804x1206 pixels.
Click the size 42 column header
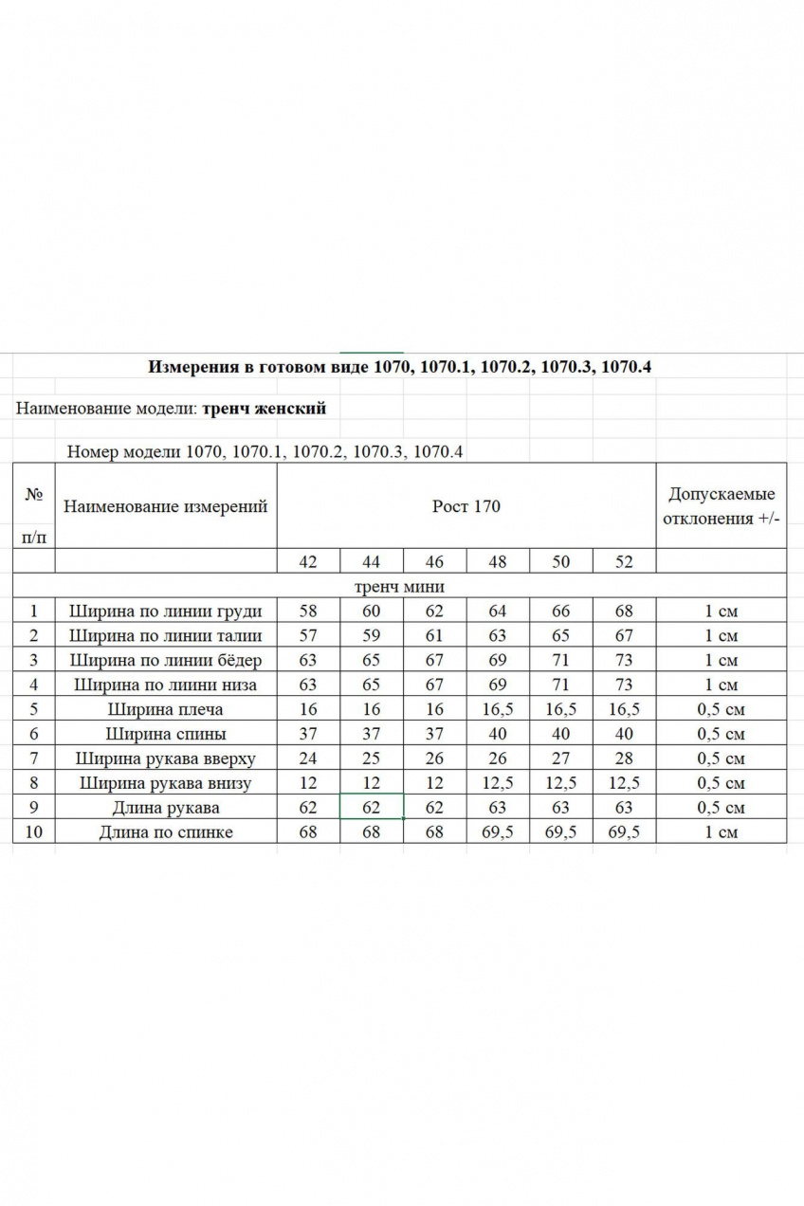tap(308, 561)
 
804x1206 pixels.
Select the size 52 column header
tap(624, 561)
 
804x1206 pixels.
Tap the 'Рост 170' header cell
tap(466, 506)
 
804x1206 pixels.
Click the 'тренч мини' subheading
tap(398, 587)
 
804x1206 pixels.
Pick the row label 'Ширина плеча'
tap(166, 709)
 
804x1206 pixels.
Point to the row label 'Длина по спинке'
tap(166, 832)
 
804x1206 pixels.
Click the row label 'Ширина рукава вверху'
tap(166, 758)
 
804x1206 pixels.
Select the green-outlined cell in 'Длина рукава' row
tap(372, 808)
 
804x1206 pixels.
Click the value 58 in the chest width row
tap(308, 612)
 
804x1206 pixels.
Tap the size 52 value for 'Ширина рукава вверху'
tap(624, 758)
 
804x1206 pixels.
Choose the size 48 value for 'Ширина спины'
tap(498, 734)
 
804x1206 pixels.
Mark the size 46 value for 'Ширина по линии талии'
tap(434, 636)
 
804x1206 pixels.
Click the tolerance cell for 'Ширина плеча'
tap(721, 709)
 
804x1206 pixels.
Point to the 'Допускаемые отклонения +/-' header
tap(721, 506)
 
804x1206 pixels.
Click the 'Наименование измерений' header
tap(166, 506)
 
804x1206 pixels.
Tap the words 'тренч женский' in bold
tap(265, 409)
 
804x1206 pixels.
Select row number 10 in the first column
tap(34, 832)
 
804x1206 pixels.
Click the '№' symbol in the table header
tap(34, 495)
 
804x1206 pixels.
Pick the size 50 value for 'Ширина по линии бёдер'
tap(561, 661)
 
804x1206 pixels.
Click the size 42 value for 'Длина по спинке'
tap(308, 832)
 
